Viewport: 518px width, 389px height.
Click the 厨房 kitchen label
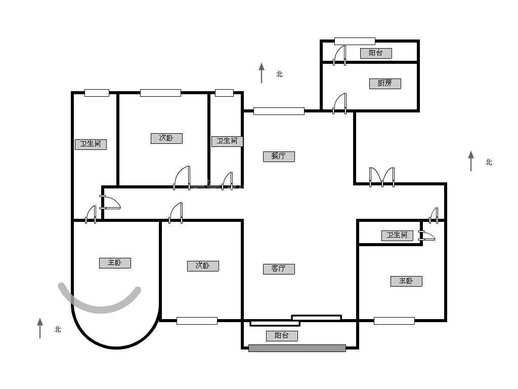pyautogui.click(x=385, y=84)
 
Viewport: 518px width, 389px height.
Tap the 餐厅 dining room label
pyautogui.click(x=279, y=156)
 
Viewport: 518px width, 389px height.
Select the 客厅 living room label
pyautogui.click(x=279, y=268)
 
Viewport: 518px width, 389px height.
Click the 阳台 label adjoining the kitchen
pyautogui.click(x=376, y=53)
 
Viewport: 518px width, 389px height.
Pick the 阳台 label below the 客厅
pyautogui.click(x=282, y=336)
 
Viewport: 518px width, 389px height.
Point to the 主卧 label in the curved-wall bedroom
pyautogui.click(x=115, y=263)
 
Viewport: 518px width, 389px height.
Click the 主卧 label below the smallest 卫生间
pyautogui.click(x=406, y=281)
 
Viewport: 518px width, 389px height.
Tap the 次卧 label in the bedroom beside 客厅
pyautogui.click(x=203, y=266)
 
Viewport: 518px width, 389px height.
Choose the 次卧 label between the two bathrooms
pyautogui.click(x=166, y=138)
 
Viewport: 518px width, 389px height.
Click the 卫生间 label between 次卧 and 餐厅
pyautogui.click(x=227, y=141)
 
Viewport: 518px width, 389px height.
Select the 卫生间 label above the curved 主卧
pyautogui.click(x=91, y=144)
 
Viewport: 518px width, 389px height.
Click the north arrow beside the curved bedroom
pyautogui.click(x=40, y=328)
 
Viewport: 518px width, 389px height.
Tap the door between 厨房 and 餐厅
pyautogui.click(x=339, y=103)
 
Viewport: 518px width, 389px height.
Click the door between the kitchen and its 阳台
pyautogui.click(x=339, y=55)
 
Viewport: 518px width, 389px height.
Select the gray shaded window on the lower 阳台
pyautogui.click(x=297, y=348)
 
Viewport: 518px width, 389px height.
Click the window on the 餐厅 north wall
pyautogui.click(x=279, y=111)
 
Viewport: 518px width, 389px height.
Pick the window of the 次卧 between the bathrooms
pyautogui.click(x=160, y=93)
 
